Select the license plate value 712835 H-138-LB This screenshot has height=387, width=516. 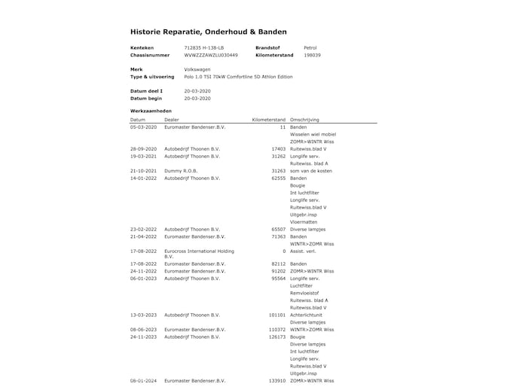204,47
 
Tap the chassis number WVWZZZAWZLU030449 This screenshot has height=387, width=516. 211,55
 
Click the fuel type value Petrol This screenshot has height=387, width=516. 310,47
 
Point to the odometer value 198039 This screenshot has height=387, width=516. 312,55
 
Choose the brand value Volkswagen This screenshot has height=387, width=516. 197,69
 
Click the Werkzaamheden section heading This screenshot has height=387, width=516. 151,111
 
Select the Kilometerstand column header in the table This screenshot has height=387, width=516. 269,120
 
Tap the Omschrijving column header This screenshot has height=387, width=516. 305,120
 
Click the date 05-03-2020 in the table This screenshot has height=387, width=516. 144,127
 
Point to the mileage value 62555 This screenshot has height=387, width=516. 278,178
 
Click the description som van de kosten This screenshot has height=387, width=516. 311,171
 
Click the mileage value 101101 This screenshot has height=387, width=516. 277,315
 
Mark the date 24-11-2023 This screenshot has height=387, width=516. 144,337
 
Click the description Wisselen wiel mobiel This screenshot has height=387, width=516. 313,135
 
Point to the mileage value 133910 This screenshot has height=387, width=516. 277,381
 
